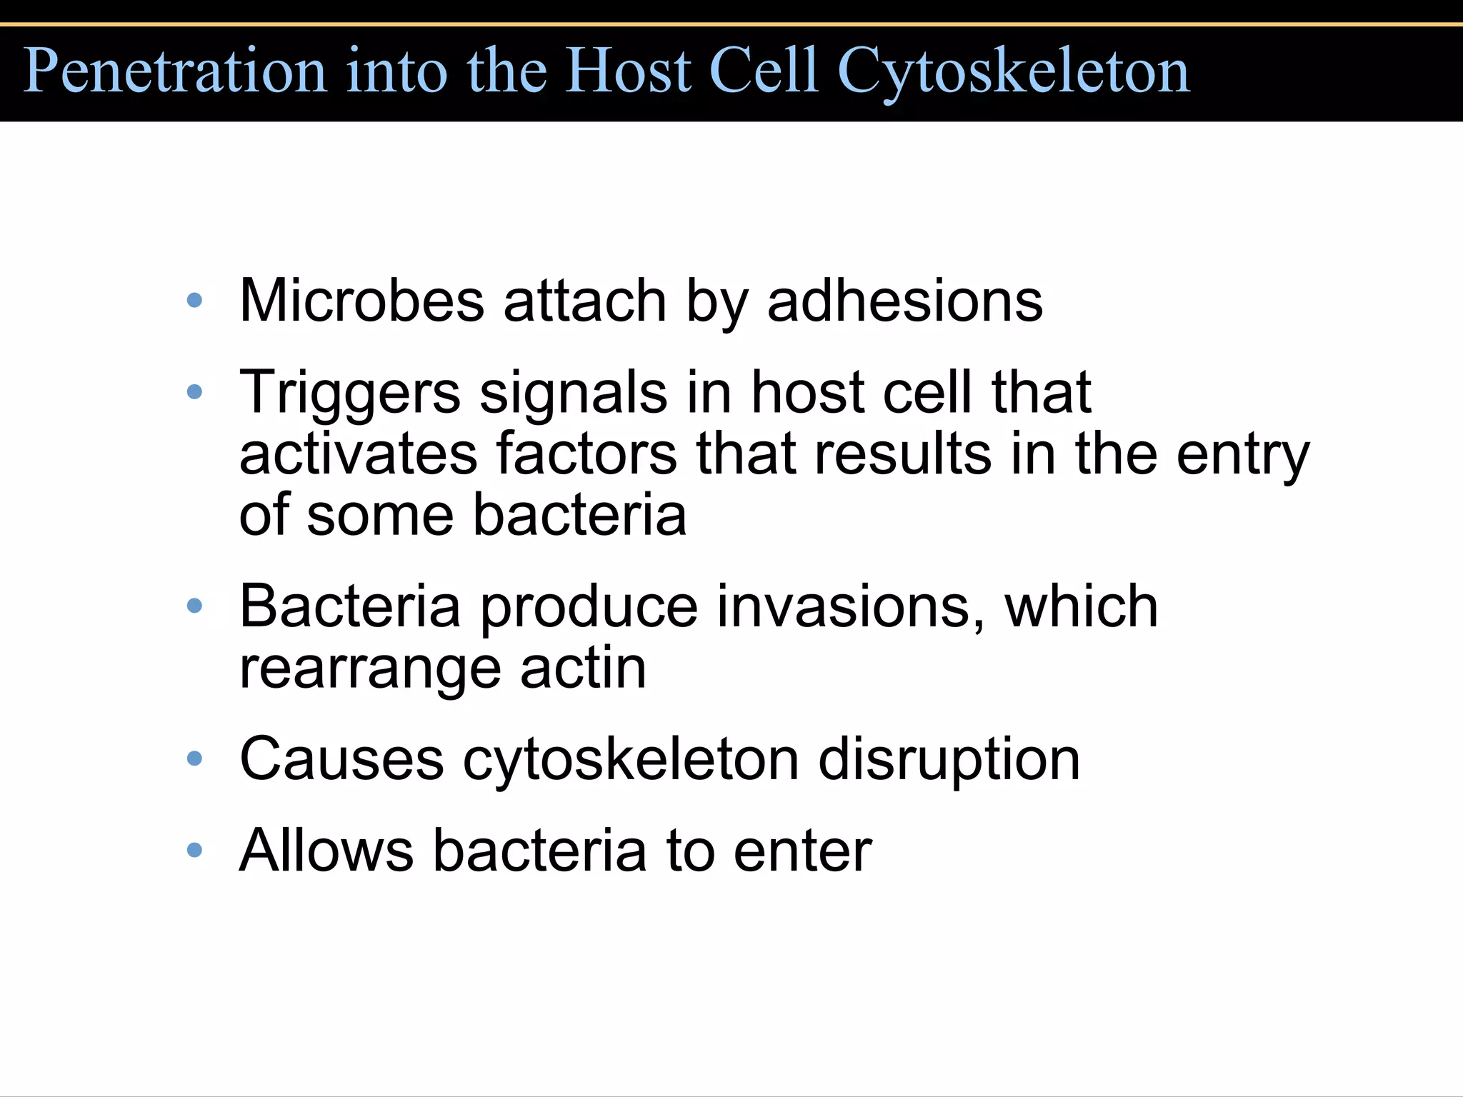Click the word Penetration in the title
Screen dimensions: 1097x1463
[175, 71]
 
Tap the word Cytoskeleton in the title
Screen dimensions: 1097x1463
[1013, 71]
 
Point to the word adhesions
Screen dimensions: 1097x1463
[904, 301]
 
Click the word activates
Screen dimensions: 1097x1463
[358, 454]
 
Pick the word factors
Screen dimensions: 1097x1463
[586, 454]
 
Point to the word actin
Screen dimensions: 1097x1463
[583, 668]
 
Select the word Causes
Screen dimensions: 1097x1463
[341, 759]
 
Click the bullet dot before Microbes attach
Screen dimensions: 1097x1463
[194, 300]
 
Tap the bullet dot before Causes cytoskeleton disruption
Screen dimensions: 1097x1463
[194, 758]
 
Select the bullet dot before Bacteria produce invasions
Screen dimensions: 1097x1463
[194, 606]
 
